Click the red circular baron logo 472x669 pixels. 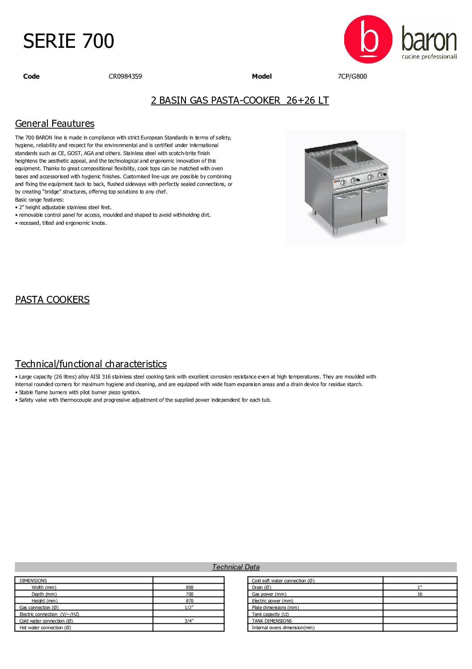pyautogui.click(x=368, y=39)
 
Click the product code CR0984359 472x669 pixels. pyautogui.click(x=125, y=76)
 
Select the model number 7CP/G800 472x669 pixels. pyautogui.click(x=352, y=76)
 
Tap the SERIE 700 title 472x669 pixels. pyautogui.click(x=68, y=41)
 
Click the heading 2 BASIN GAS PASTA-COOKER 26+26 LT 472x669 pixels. pyautogui.click(x=240, y=101)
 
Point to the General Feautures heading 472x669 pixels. pyautogui.click(x=55, y=124)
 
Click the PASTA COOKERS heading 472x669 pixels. pyautogui.click(x=52, y=300)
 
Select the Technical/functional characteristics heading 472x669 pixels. pyautogui.click(x=91, y=364)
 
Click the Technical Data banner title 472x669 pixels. pyautogui.click(x=236, y=567)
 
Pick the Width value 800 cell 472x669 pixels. pyautogui.click(x=190, y=588)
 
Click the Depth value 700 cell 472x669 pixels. pyautogui.click(x=190, y=594)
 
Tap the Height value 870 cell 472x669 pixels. pyautogui.click(x=190, y=601)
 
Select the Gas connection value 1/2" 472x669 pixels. pyautogui.click(x=190, y=608)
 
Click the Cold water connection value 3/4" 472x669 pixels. pyautogui.click(x=190, y=621)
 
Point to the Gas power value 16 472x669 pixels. pyautogui.click(x=420, y=594)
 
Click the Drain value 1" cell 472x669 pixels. pyautogui.click(x=420, y=588)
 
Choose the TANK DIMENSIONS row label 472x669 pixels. pyautogui.click(x=272, y=621)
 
